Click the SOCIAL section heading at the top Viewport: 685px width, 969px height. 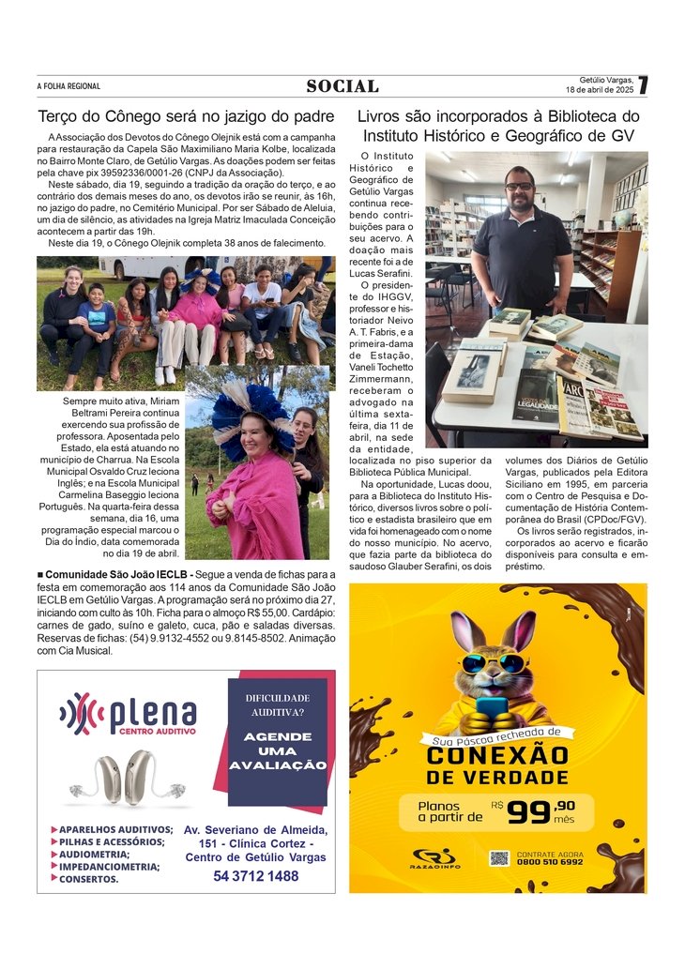342,86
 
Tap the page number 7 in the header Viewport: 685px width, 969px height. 643,85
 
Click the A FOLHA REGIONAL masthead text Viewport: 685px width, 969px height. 68,86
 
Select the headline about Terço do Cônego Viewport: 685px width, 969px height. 186,117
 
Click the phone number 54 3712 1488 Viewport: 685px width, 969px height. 255,876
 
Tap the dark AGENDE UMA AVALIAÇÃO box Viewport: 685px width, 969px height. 277,742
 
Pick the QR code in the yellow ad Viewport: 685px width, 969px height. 498,858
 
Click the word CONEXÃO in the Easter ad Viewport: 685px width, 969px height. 497,755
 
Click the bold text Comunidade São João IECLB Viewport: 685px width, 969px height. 115,573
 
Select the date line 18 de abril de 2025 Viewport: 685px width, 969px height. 600,90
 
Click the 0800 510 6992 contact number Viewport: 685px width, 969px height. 550,862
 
